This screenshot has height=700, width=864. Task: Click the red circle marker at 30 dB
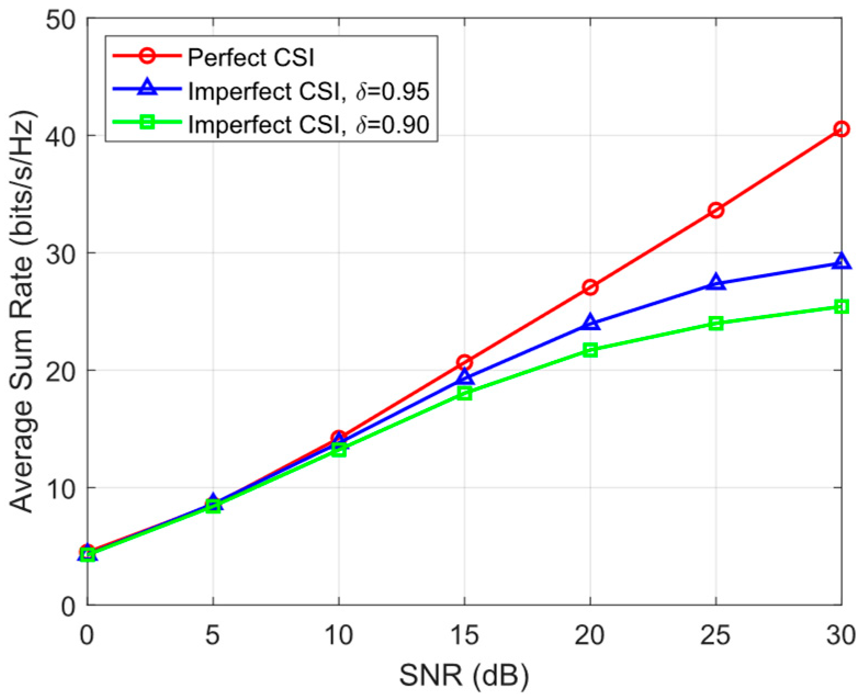(x=841, y=129)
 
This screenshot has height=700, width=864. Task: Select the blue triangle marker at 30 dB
(x=841, y=262)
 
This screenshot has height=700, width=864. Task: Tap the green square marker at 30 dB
(x=841, y=307)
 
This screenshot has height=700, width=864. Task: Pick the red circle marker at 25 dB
(x=715, y=210)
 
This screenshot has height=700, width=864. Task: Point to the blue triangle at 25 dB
(x=715, y=283)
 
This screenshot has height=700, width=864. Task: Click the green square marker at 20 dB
(x=590, y=350)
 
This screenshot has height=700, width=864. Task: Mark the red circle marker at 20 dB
(x=590, y=287)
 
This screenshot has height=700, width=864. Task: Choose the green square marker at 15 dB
(x=465, y=393)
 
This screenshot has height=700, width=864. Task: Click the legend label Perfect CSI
(x=251, y=57)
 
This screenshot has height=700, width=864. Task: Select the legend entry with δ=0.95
(x=308, y=92)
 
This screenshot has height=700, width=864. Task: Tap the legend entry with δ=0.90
(x=308, y=126)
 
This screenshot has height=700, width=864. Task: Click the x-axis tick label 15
(x=464, y=636)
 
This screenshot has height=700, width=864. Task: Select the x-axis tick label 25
(x=715, y=636)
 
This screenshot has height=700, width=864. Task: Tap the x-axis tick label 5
(x=213, y=636)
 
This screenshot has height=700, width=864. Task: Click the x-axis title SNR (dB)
(x=464, y=678)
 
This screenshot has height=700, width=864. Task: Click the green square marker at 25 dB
(x=715, y=323)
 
